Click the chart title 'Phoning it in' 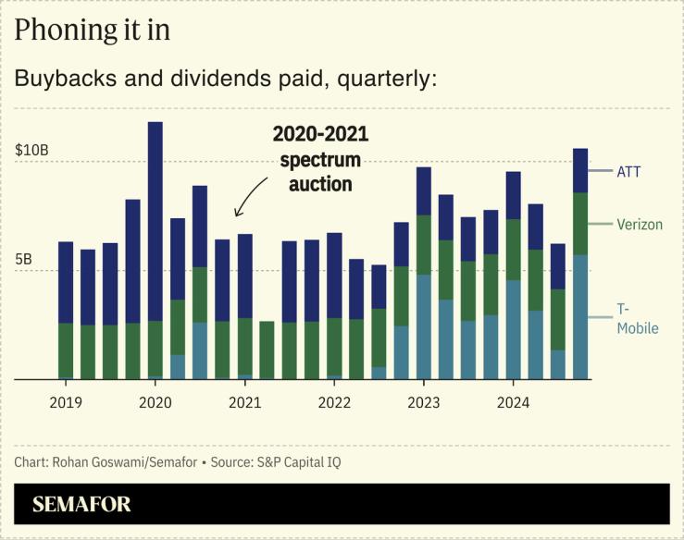pyautogui.click(x=93, y=31)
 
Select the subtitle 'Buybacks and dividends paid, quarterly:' pyautogui.click(x=225, y=79)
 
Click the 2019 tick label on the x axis pyautogui.click(x=66, y=402)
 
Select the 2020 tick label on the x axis pyautogui.click(x=155, y=402)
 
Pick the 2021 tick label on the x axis pyautogui.click(x=244, y=402)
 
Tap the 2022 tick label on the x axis pyautogui.click(x=334, y=402)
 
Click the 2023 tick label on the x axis pyautogui.click(x=424, y=402)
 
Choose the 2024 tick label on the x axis pyautogui.click(x=513, y=402)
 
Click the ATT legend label pyautogui.click(x=628, y=171)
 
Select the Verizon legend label pyautogui.click(x=640, y=225)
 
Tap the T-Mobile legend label pyautogui.click(x=637, y=318)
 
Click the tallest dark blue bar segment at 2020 pyautogui.click(x=155, y=222)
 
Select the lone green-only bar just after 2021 pyautogui.click(x=267, y=350)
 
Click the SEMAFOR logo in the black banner pyautogui.click(x=81, y=504)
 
